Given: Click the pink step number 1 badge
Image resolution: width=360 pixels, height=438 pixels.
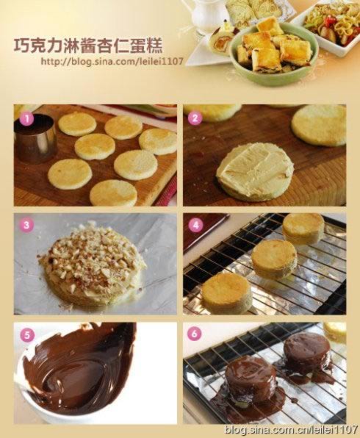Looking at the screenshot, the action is (x=27, y=119).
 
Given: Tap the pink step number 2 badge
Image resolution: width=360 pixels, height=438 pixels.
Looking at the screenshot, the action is (x=195, y=118).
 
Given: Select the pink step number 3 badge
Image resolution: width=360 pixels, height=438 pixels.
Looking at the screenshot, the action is (x=26, y=225).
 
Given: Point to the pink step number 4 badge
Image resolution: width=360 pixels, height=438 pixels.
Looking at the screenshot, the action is (x=195, y=225).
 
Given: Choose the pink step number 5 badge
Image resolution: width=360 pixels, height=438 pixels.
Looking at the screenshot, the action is (x=26, y=335).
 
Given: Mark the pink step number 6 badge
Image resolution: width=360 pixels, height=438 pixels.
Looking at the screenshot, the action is (x=195, y=333).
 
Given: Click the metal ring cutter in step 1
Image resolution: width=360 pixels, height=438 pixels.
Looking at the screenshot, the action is (x=35, y=139).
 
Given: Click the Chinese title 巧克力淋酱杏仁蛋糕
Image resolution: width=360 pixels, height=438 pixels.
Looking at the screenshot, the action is (x=88, y=46).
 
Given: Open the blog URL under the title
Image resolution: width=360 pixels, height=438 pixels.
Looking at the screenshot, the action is (x=112, y=61).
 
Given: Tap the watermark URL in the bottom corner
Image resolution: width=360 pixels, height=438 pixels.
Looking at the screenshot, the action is (x=291, y=430).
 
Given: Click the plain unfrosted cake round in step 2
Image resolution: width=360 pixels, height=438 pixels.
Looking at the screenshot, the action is (x=319, y=126).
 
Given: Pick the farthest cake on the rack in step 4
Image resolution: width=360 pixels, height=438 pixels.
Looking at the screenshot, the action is (x=303, y=228).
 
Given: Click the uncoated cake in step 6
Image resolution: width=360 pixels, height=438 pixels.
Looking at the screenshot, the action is (x=334, y=332).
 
